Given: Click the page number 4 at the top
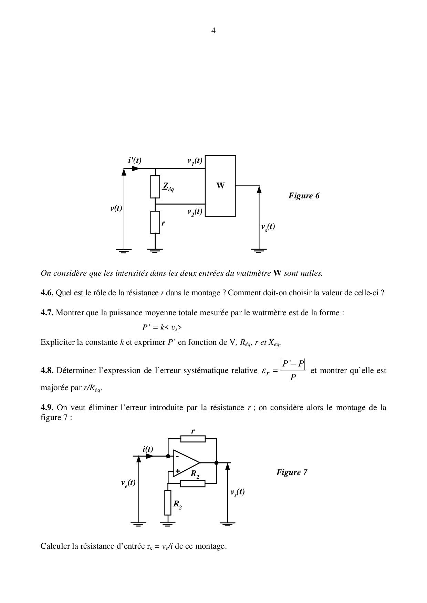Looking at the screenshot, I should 213,31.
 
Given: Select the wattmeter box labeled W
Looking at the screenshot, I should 220,186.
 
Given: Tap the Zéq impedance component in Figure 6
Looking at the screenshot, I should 155,187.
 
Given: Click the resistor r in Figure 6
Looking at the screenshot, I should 155,222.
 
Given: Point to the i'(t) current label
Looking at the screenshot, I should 135,160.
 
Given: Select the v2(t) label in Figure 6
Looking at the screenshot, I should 195,212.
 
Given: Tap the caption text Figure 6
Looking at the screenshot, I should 304,196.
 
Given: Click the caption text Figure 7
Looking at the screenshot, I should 292,472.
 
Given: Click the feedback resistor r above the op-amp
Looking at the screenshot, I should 192,439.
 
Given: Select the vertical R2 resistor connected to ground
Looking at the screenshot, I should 168,503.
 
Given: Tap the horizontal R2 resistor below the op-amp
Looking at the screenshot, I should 192,484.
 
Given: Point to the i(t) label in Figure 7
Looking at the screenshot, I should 148,449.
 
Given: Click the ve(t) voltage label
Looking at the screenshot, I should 128,483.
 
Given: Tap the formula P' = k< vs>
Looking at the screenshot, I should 162,328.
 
